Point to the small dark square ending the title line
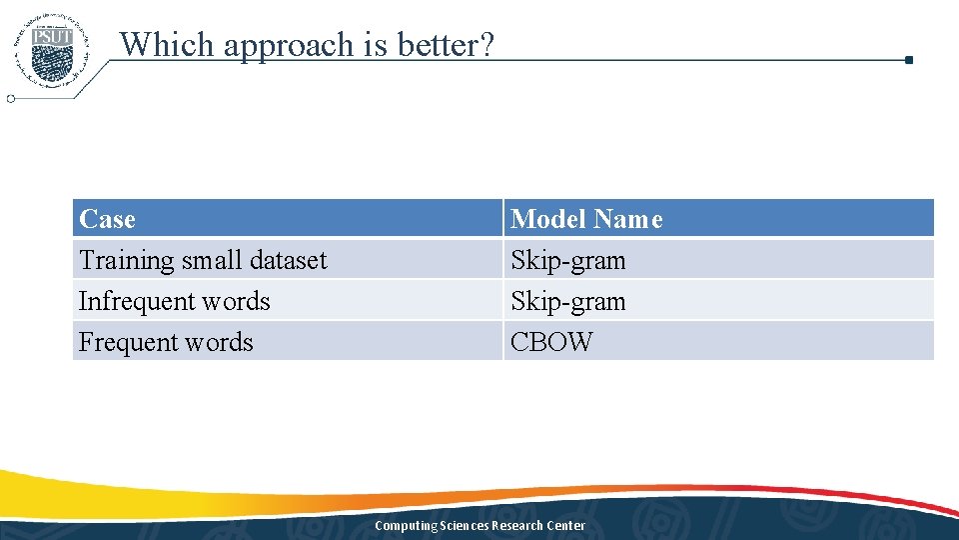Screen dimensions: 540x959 [908, 60]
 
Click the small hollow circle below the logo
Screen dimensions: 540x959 [11, 99]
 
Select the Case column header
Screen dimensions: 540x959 [107, 219]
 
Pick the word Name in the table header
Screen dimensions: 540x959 [628, 219]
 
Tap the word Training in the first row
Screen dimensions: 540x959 [127, 260]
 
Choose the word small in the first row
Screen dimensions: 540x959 [212, 260]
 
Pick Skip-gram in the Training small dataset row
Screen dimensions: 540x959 [567, 260]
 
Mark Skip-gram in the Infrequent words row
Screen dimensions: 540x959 [567, 301]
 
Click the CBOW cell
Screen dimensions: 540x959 [551, 342]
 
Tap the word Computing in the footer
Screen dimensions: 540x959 [406, 526]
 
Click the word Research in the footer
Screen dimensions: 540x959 [517, 526]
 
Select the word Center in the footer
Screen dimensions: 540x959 [566, 526]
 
